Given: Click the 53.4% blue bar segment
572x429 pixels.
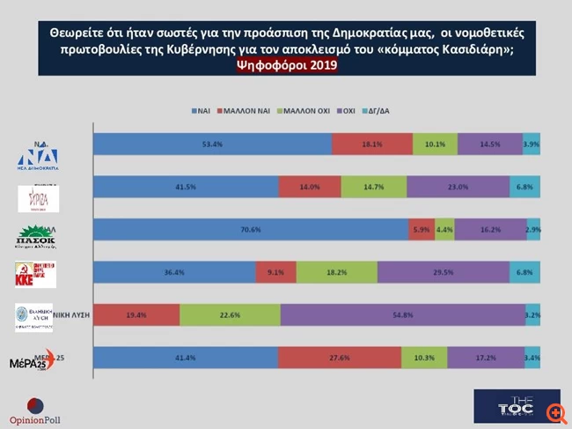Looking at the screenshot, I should point(212,144).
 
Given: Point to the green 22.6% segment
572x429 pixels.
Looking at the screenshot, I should point(230,314).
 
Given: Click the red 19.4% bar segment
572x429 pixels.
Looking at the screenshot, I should point(136,314).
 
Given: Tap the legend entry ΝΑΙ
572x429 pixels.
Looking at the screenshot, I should point(202,112).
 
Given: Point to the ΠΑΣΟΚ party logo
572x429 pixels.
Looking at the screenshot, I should point(37,238).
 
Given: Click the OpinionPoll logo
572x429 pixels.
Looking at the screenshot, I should point(34,410).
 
